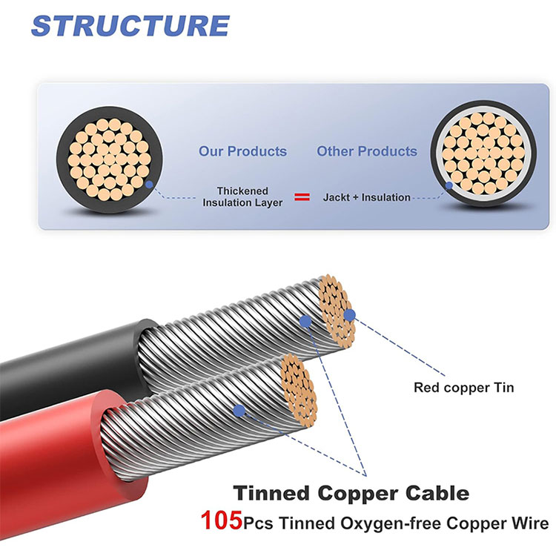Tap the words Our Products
click(242, 151)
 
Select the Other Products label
click(367, 151)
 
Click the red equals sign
click(302, 197)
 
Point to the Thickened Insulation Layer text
click(242, 196)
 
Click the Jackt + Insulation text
click(366, 197)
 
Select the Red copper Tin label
click(463, 386)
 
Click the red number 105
click(221, 522)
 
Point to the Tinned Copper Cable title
click(351, 492)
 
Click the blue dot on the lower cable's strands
click(239, 409)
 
